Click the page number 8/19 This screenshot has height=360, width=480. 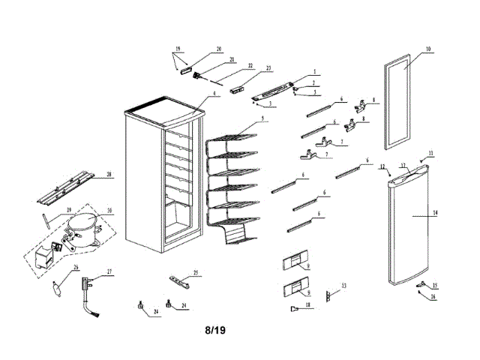coord(215,329)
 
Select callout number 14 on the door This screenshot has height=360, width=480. coord(435,213)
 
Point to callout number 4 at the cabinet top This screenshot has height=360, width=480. coord(214,94)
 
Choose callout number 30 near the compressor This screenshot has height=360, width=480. coord(109,211)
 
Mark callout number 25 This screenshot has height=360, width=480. coord(195,271)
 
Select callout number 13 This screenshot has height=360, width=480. coord(343,286)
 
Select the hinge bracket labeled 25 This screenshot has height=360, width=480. coord(180,280)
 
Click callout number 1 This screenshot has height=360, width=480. coord(315,71)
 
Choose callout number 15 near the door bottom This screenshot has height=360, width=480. coord(435,286)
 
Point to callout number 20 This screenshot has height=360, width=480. coord(219,49)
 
